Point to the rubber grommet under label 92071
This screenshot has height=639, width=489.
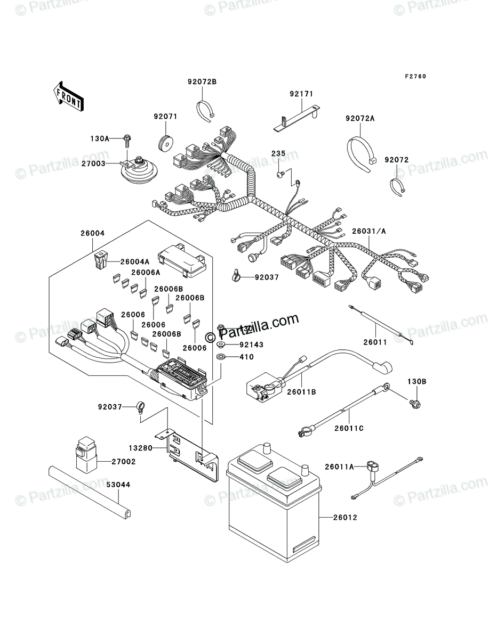(x=166, y=143)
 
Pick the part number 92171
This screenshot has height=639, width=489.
(x=301, y=94)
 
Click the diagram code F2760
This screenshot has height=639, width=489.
(x=415, y=77)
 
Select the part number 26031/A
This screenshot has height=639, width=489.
(x=368, y=232)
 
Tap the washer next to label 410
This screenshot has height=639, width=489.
(x=220, y=356)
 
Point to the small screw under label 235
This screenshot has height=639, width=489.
(x=279, y=174)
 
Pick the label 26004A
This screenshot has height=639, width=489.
(x=135, y=261)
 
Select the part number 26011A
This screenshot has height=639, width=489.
(x=340, y=466)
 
